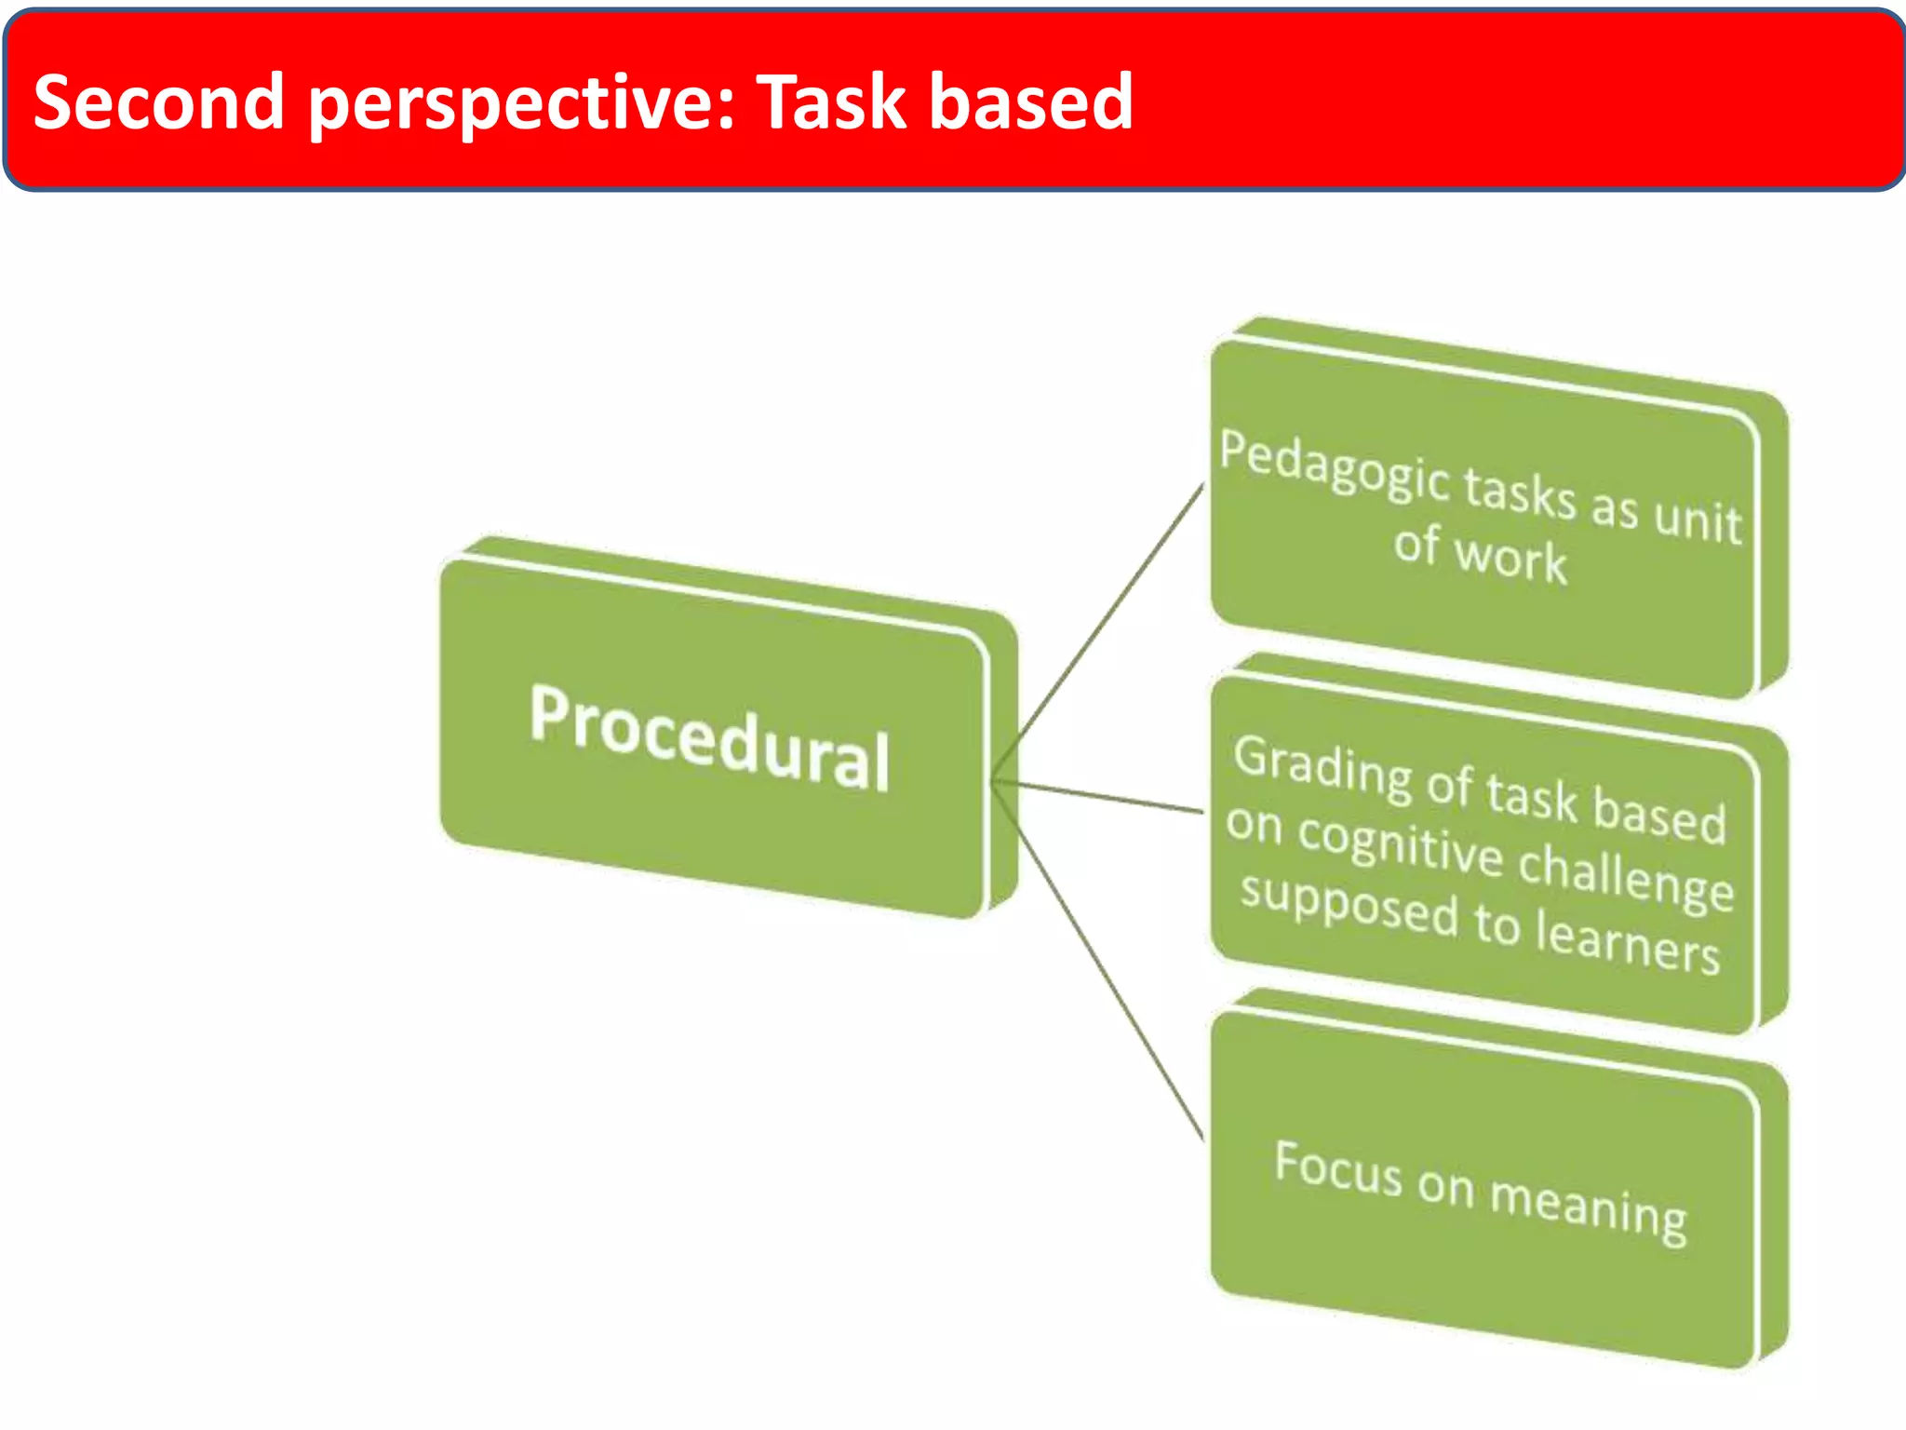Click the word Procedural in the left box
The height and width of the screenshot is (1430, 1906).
709,738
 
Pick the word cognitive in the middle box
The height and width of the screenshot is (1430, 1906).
1400,843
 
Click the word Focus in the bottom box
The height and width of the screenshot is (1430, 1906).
1337,1167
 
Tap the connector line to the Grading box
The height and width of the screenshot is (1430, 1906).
1098,796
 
